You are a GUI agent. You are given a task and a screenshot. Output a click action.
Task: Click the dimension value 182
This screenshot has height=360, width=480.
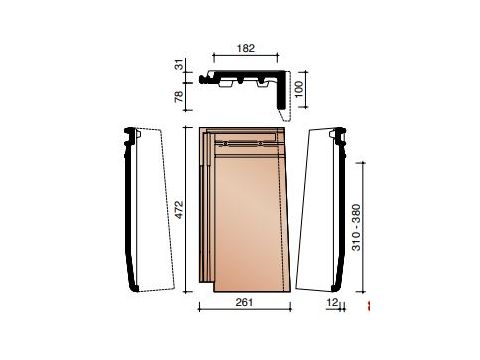(246, 49)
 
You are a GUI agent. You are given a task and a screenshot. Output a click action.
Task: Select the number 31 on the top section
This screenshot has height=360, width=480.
(180, 65)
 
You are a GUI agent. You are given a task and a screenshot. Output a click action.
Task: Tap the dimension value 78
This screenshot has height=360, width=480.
(179, 96)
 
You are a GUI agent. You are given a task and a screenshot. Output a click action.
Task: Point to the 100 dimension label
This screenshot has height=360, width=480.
(299, 89)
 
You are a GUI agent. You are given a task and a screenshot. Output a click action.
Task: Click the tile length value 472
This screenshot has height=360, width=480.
(179, 210)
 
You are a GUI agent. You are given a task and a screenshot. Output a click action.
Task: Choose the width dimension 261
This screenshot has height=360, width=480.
(244, 302)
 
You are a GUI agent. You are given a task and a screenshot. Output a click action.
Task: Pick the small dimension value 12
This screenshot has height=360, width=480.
(332, 302)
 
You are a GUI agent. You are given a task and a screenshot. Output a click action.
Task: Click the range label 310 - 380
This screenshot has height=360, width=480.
(356, 227)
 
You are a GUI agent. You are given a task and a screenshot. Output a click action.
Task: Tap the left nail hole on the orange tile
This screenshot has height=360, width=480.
(226, 144)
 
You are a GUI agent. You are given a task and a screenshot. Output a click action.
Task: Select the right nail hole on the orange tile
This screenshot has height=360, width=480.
(261, 144)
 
